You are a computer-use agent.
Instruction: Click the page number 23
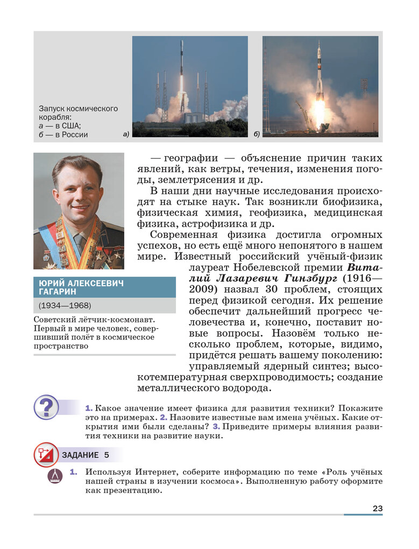click(x=377, y=508)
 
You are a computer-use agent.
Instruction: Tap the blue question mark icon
click(x=47, y=407)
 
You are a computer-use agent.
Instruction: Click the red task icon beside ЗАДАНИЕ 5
click(x=46, y=455)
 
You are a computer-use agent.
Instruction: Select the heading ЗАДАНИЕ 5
click(x=86, y=455)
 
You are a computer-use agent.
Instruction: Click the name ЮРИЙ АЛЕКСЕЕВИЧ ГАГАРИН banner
click(x=104, y=287)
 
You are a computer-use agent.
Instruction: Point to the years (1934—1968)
click(x=65, y=306)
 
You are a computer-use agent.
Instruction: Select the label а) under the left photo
click(x=126, y=133)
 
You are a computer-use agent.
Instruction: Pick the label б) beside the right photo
click(x=257, y=133)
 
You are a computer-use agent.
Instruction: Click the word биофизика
click(x=350, y=202)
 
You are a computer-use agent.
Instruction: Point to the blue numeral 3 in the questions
click(x=215, y=426)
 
